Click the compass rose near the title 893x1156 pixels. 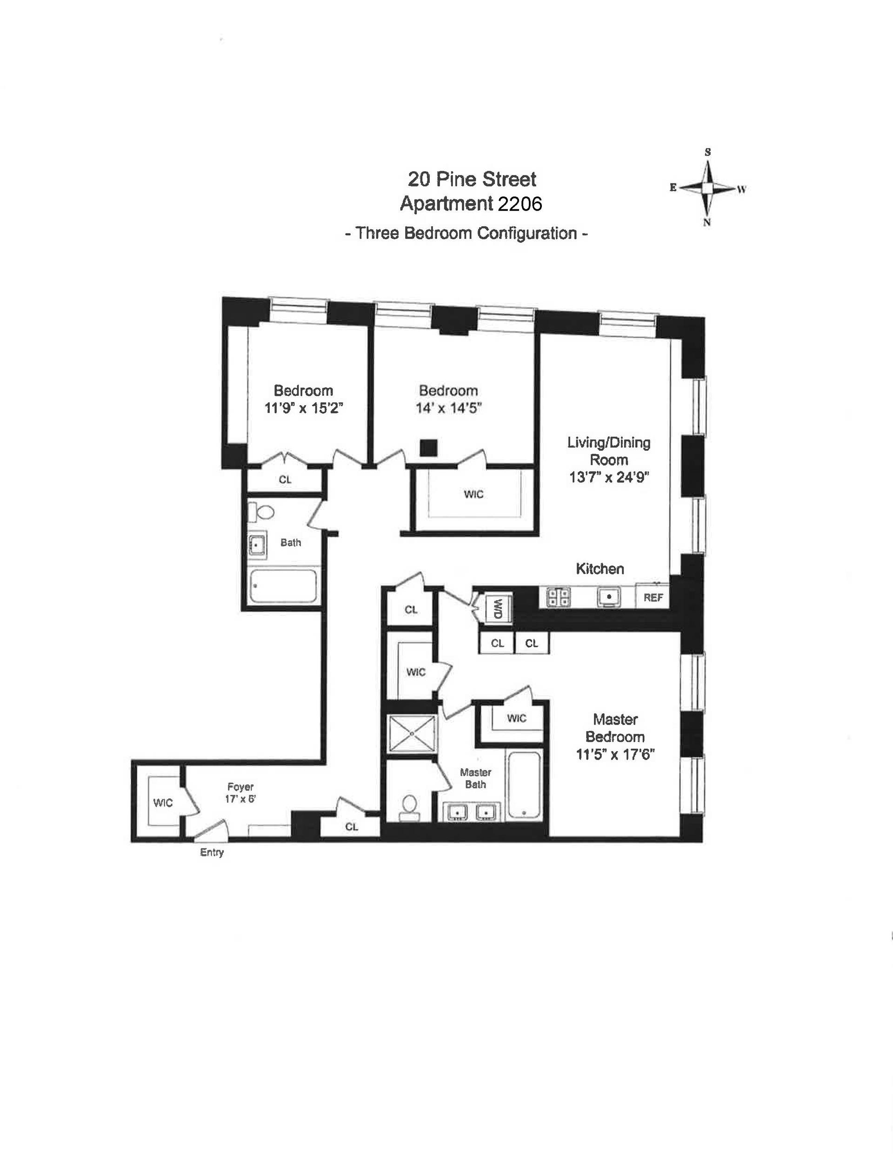[x=708, y=188]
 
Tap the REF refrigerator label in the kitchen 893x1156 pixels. [x=653, y=598]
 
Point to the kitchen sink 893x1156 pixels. [x=609, y=597]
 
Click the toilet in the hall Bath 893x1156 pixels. [x=262, y=512]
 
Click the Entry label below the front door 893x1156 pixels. [x=212, y=852]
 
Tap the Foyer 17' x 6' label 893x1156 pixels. [x=240, y=792]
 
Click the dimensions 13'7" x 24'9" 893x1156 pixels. [x=609, y=477]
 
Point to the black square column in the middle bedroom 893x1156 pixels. [x=428, y=448]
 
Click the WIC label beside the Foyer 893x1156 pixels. [x=163, y=802]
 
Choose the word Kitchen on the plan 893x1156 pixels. [x=600, y=569]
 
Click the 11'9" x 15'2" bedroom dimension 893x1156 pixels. [x=304, y=408]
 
